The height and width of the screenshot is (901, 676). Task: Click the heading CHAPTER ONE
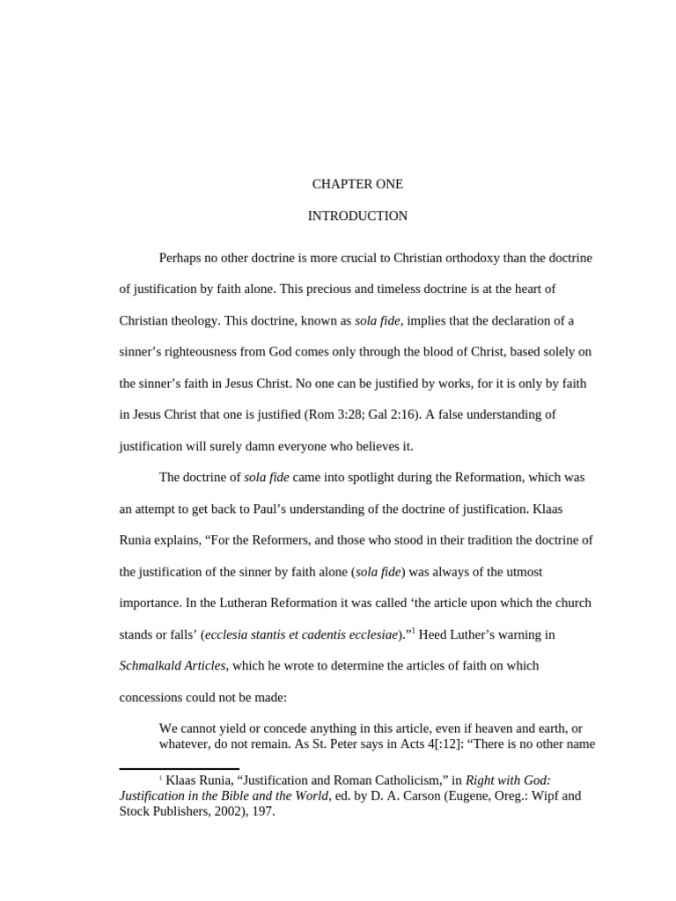click(357, 184)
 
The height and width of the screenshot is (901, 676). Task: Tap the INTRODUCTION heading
click(357, 216)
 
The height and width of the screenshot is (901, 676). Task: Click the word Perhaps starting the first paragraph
click(181, 258)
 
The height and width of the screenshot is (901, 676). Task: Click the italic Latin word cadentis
click(304, 634)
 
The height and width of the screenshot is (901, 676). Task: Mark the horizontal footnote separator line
click(179, 769)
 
